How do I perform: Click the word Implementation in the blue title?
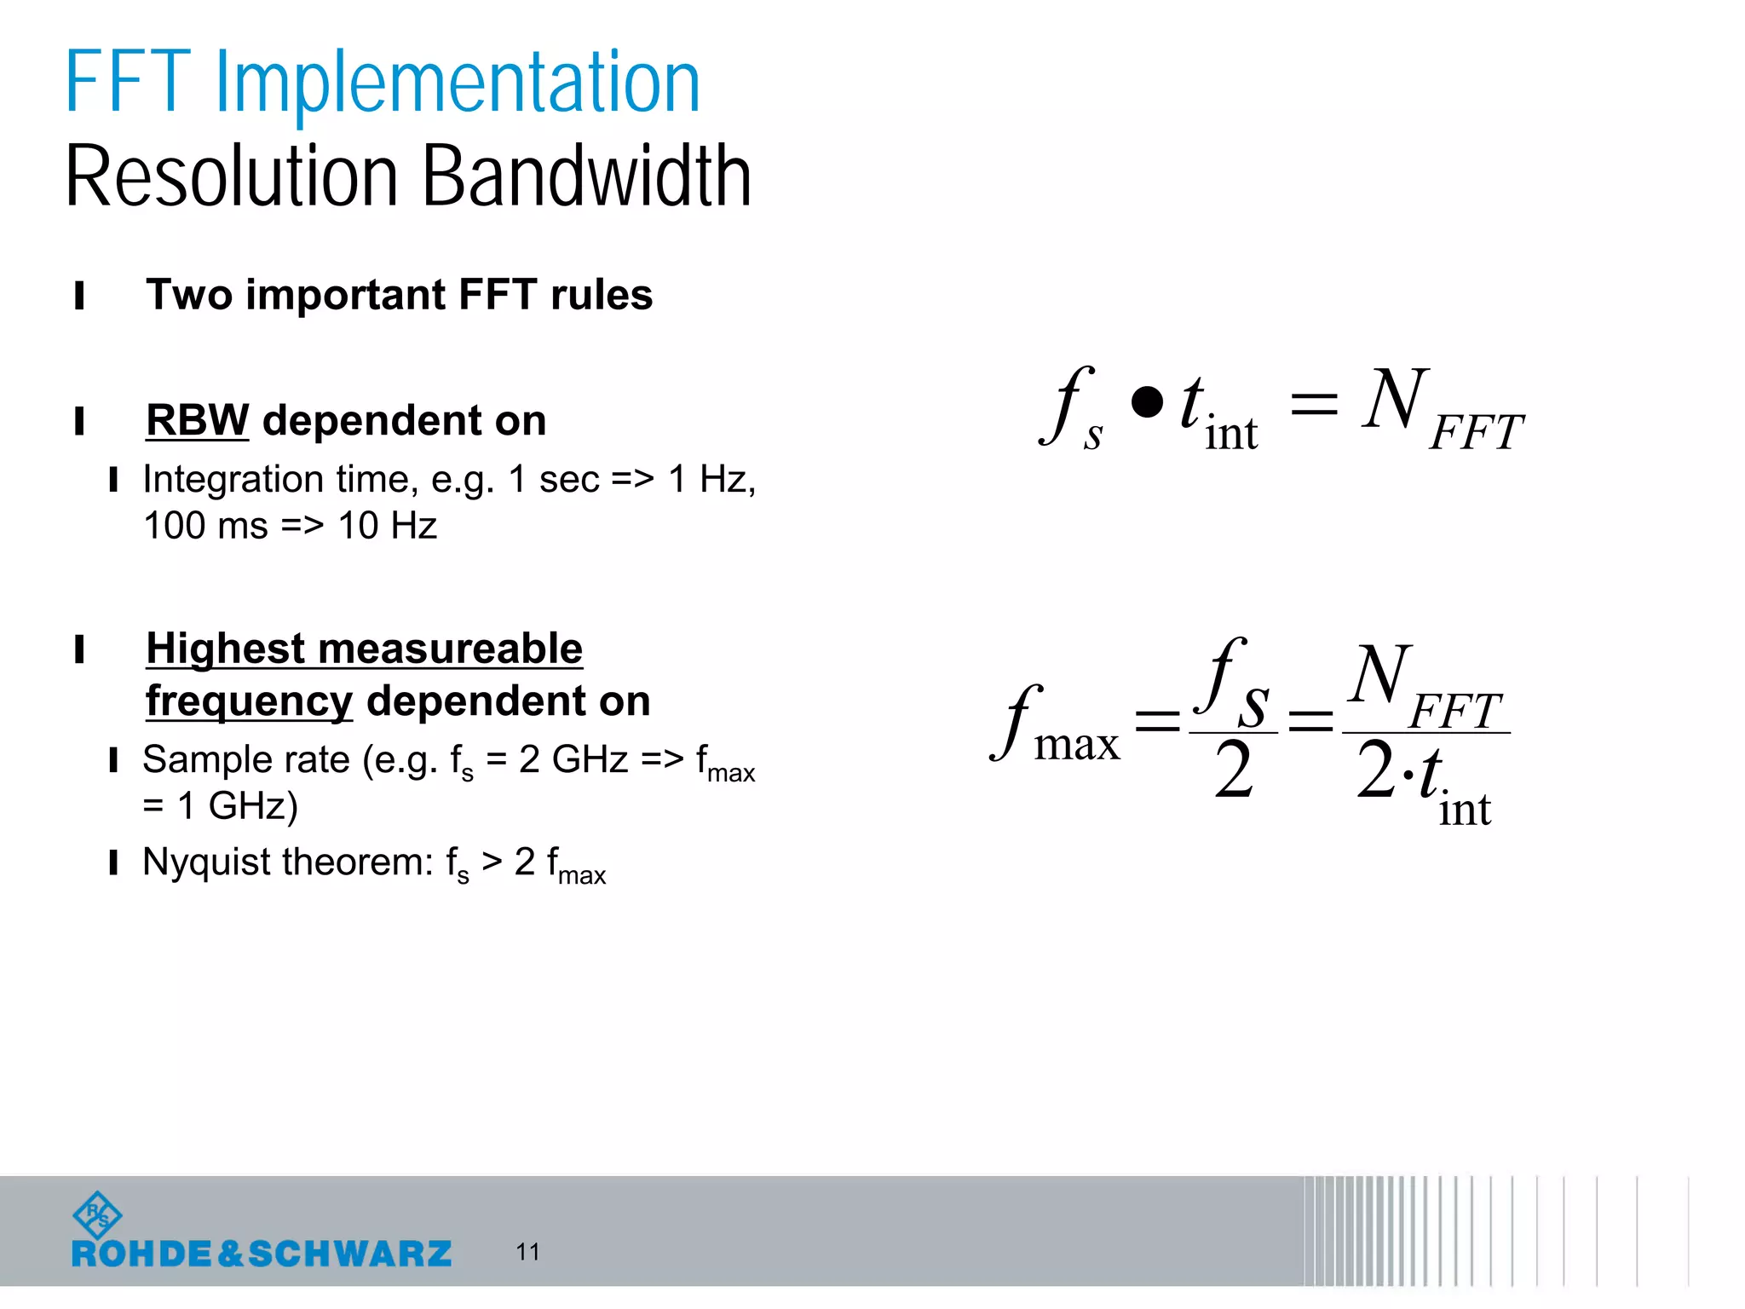(458, 83)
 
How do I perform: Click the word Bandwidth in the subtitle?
(586, 176)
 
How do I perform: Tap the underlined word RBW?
(197, 420)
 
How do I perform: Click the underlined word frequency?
(249, 701)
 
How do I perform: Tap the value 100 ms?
(205, 526)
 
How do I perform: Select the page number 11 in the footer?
(527, 1252)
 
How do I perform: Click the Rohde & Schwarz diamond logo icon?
(98, 1215)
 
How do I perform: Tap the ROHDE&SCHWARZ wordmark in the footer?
(262, 1254)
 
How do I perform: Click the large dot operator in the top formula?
(1147, 402)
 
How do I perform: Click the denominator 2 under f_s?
(1233, 770)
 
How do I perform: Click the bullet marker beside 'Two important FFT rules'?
(79, 296)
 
